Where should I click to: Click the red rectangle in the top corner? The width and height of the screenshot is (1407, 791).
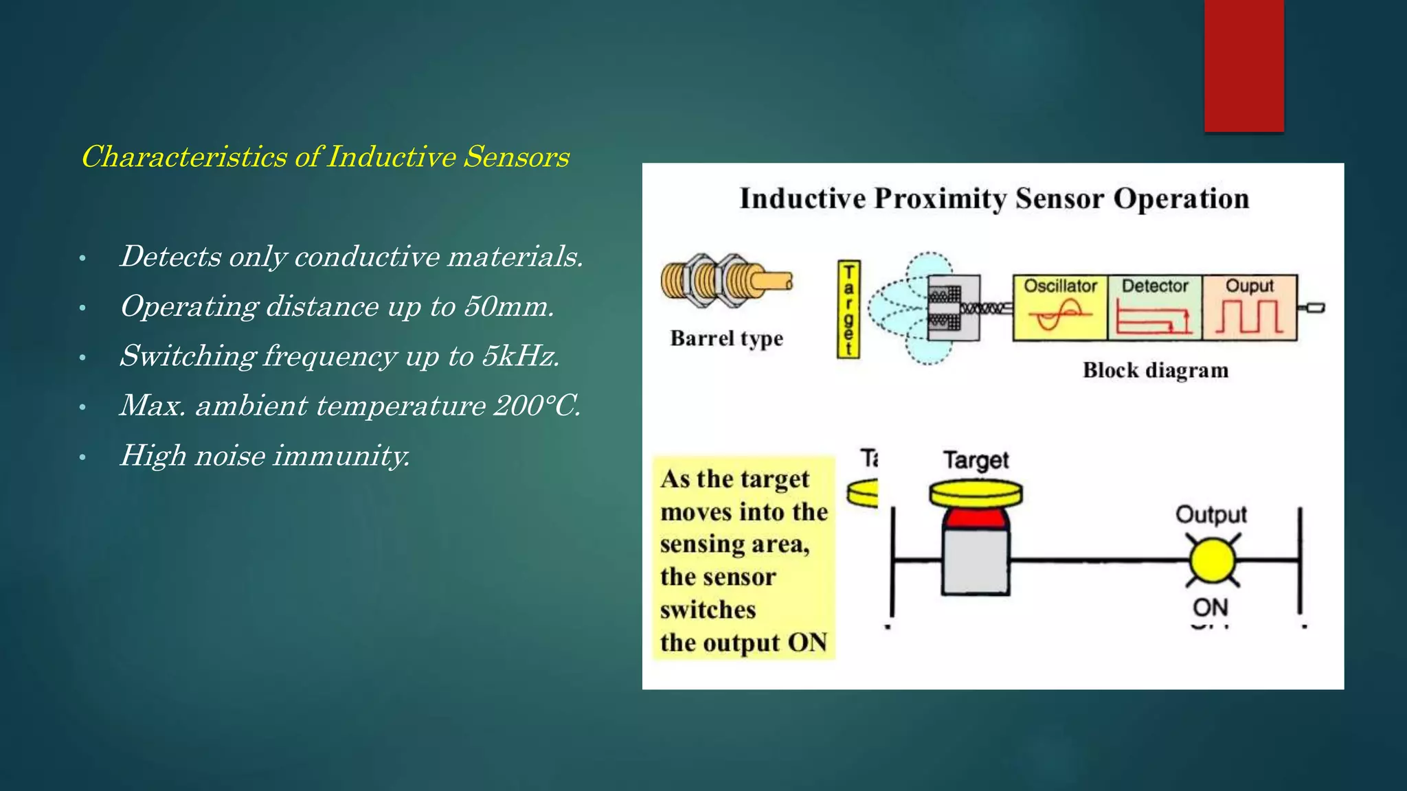[1243, 65]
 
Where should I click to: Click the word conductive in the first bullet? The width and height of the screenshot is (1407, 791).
[367, 257]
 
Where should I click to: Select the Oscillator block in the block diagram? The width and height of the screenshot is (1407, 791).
[1060, 308]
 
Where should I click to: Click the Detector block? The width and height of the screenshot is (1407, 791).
[1154, 308]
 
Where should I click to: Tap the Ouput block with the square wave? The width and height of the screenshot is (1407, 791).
[1249, 308]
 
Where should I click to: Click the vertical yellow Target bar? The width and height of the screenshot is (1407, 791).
[848, 309]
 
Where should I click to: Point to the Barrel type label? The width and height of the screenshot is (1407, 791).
[726, 339]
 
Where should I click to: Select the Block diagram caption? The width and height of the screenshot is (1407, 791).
[1155, 370]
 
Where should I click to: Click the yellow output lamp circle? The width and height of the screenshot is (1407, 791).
[1212, 561]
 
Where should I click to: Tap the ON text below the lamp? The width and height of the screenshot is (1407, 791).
[1210, 607]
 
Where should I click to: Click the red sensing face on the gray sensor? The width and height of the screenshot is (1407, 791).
[976, 518]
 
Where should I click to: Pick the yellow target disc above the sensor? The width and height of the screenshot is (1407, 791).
[976, 493]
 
